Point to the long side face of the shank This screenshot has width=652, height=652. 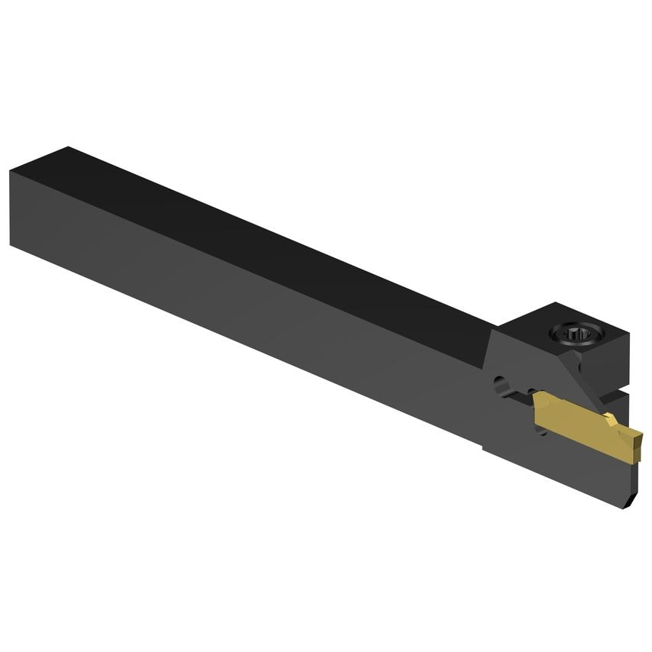click(x=229, y=305)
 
